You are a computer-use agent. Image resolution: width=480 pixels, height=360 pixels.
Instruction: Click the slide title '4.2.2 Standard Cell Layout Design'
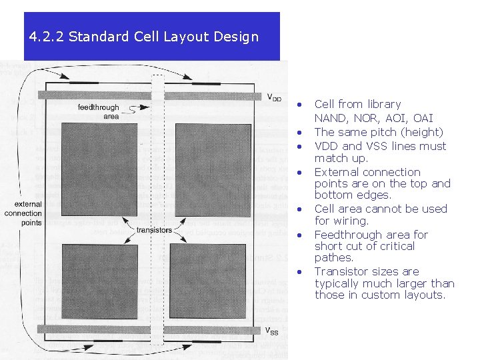click(x=143, y=37)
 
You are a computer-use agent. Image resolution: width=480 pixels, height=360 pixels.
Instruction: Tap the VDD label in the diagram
click(x=274, y=97)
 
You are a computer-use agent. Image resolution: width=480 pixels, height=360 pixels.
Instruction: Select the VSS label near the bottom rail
click(x=271, y=331)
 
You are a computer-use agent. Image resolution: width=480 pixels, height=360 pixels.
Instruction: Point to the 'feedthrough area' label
click(x=98, y=111)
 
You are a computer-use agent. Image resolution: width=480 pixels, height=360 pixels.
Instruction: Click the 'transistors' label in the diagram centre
click(x=153, y=230)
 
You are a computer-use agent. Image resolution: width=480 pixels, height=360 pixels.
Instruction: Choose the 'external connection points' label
click(x=23, y=213)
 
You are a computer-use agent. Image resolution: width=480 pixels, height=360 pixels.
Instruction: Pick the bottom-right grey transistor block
click(x=207, y=281)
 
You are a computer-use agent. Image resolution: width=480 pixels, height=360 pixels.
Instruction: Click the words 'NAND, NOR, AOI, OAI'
click(x=373, y=118)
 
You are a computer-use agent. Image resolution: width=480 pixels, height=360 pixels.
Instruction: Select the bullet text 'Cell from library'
click(x=357, y=104)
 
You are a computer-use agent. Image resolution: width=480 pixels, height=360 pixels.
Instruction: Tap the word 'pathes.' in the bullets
click(x=333, y=257)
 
